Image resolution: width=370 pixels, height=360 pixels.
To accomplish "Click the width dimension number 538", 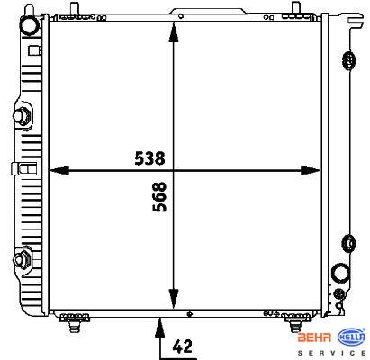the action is coord(149,158).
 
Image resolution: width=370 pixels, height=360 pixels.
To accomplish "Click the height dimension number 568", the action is coord(159,197).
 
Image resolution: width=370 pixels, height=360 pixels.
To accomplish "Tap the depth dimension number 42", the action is coord(182,346).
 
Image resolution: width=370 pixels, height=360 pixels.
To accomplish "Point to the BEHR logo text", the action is coord(314,337).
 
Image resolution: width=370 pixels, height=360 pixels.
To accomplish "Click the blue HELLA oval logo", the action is coord(352,337).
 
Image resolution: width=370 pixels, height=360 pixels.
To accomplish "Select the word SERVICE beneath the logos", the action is coord(331,353).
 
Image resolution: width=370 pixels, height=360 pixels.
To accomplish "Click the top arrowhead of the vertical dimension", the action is coord(174,32).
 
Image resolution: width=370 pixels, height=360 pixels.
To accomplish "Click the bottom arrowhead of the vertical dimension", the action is coord(174,299).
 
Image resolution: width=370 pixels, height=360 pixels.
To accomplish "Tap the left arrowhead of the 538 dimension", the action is coord(59,170).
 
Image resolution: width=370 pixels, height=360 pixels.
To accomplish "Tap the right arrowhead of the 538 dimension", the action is coord(311,170).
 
